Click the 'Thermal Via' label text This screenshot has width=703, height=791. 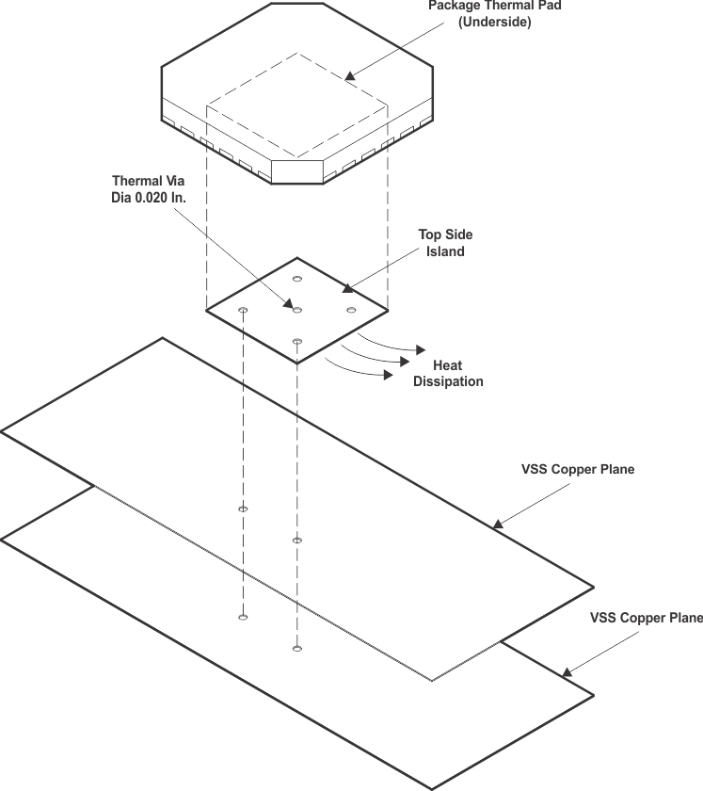tap(143, 181)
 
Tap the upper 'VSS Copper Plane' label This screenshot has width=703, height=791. tap(577, 469)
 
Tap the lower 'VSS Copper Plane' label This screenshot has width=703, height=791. tap(646, 619)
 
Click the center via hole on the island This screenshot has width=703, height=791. tap(296, 309)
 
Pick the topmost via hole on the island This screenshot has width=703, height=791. tap(297, 279)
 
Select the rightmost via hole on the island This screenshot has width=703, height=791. tap(351, 310)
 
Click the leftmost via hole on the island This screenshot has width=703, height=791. tap(243, 310)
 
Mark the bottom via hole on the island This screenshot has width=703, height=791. tap(297, 341)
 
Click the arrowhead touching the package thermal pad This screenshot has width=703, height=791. tap(350, 75)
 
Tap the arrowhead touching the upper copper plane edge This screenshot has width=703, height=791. tap(498, 523)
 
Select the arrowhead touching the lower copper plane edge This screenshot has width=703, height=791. tap(567, 672)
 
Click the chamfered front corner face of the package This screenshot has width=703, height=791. tap(296, 171)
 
